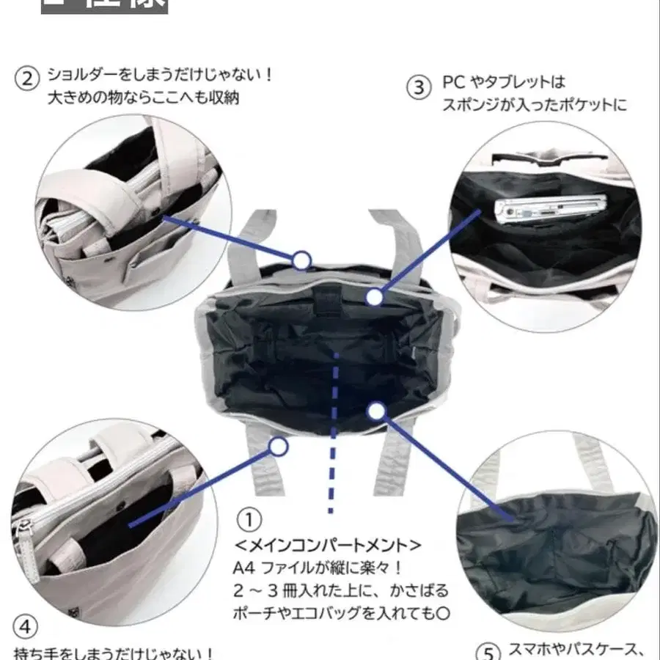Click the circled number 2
27,78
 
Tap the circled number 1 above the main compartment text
249,521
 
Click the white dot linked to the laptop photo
375,297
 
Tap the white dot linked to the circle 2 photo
301,259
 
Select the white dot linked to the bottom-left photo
278,446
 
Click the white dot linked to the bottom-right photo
376,411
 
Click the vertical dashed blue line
334,433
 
